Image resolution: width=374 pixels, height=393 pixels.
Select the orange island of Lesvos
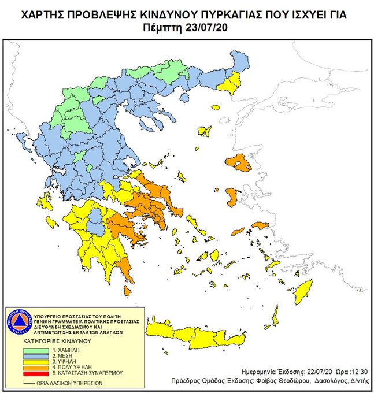coord(239,162)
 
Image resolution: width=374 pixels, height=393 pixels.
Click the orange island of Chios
coord(232,196)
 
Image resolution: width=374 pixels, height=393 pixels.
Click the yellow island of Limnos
coord(204,131)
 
